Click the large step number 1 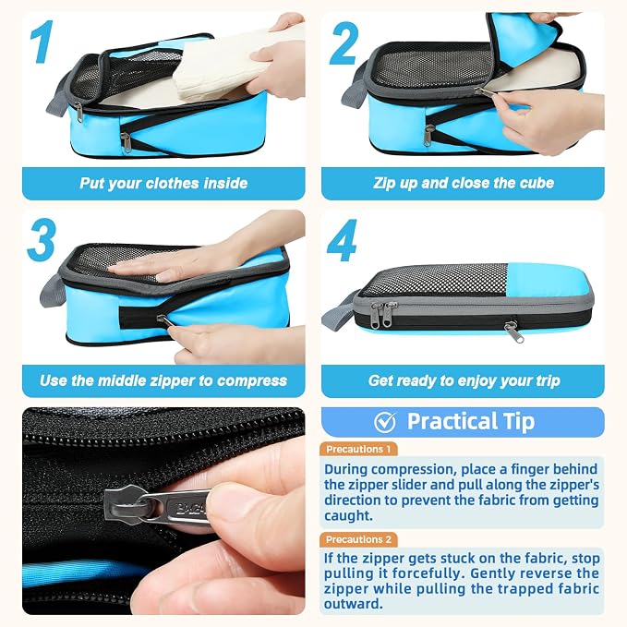tap(42, 42)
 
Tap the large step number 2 tap(344, 43)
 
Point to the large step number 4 tap(342, 240)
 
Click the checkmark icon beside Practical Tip tap(385, 422)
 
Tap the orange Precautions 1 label tap(358, 449)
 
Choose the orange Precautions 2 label tap(358, 539)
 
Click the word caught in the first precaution tap(348, 516)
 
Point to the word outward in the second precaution tap(353, 604)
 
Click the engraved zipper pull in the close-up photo tap(176, 508)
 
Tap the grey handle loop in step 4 tap(339, 314)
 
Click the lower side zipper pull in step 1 tap(126, 142)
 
